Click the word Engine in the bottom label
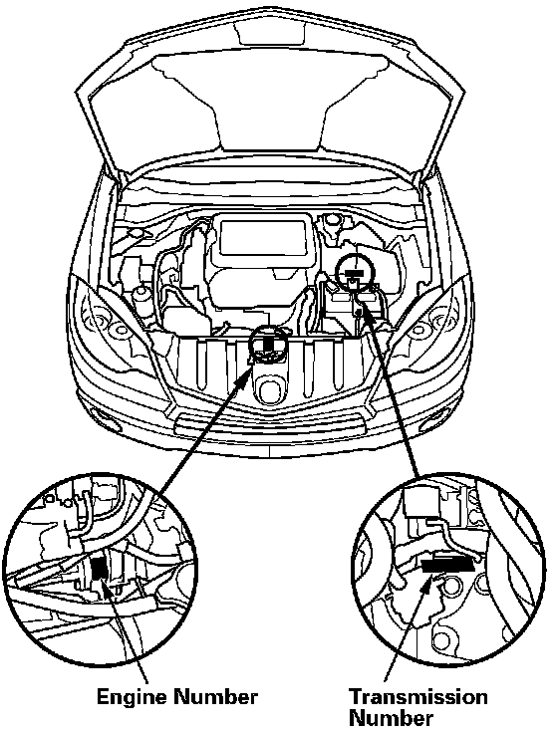pyautogui.click(x=132, y=698)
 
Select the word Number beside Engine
pyautogui.click(x=215, y=697)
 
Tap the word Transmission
pyautogui.click(x=418, y=697)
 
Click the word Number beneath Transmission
pyautogui.click(x=392, y=719)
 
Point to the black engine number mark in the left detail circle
pyautogui.click(x=99, y=569)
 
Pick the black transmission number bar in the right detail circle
pyautogui.click(x=446, y=565)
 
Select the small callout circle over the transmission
pyautogui.click(x=356, y=273)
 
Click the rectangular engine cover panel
pyautogui.click(x=263, y=237)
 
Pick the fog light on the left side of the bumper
pyautogui.click(x=104, y=416)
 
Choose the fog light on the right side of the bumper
pyautogui.click(x=432, y=415)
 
